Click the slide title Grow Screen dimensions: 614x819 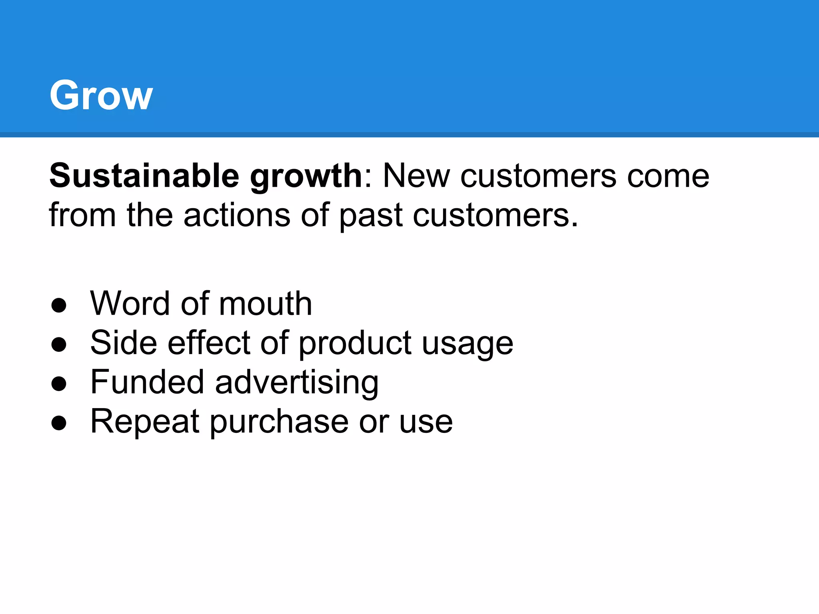(101, 95)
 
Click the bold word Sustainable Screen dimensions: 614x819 (144, 176)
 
